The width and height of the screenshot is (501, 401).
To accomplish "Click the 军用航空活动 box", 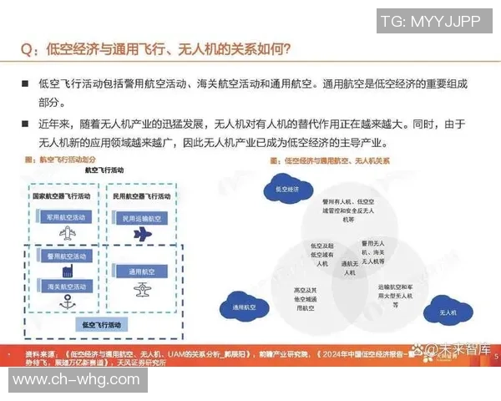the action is pos(63,216).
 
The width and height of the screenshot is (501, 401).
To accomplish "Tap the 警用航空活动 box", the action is pos(63,256).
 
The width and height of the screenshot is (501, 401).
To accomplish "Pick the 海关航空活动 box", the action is pos(63,286).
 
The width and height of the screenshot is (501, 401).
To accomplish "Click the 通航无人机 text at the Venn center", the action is pos(348,268).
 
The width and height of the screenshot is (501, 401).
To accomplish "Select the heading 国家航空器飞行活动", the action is pos(62,197).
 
